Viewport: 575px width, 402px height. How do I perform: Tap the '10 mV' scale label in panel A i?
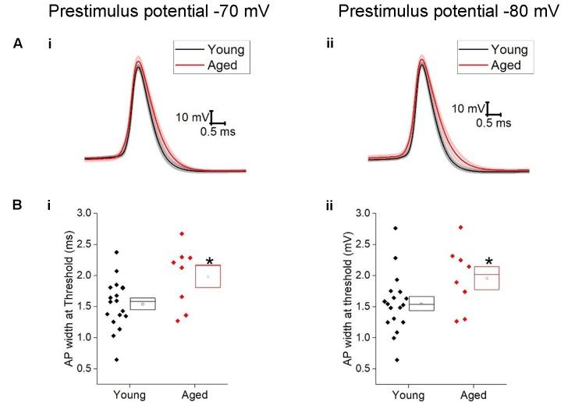pyautogui.click(x=193, y=117)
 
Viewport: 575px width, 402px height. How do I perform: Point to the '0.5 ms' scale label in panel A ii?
pyautogui.click(x=493, y=123)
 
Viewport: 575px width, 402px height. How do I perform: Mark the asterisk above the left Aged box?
pyautogui.click(x=210, y=261)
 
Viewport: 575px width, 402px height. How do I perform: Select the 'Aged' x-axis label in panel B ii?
pyautogui.click(x=475, y=396)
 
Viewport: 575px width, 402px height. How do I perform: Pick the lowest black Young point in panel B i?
pyautogui.click(x=116, y=360)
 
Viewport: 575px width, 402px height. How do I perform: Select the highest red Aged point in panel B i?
pyautogui.click(x=182, y=233)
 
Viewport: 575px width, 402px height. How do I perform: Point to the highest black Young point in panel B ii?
pyautogui.click(x=396, y=228)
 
